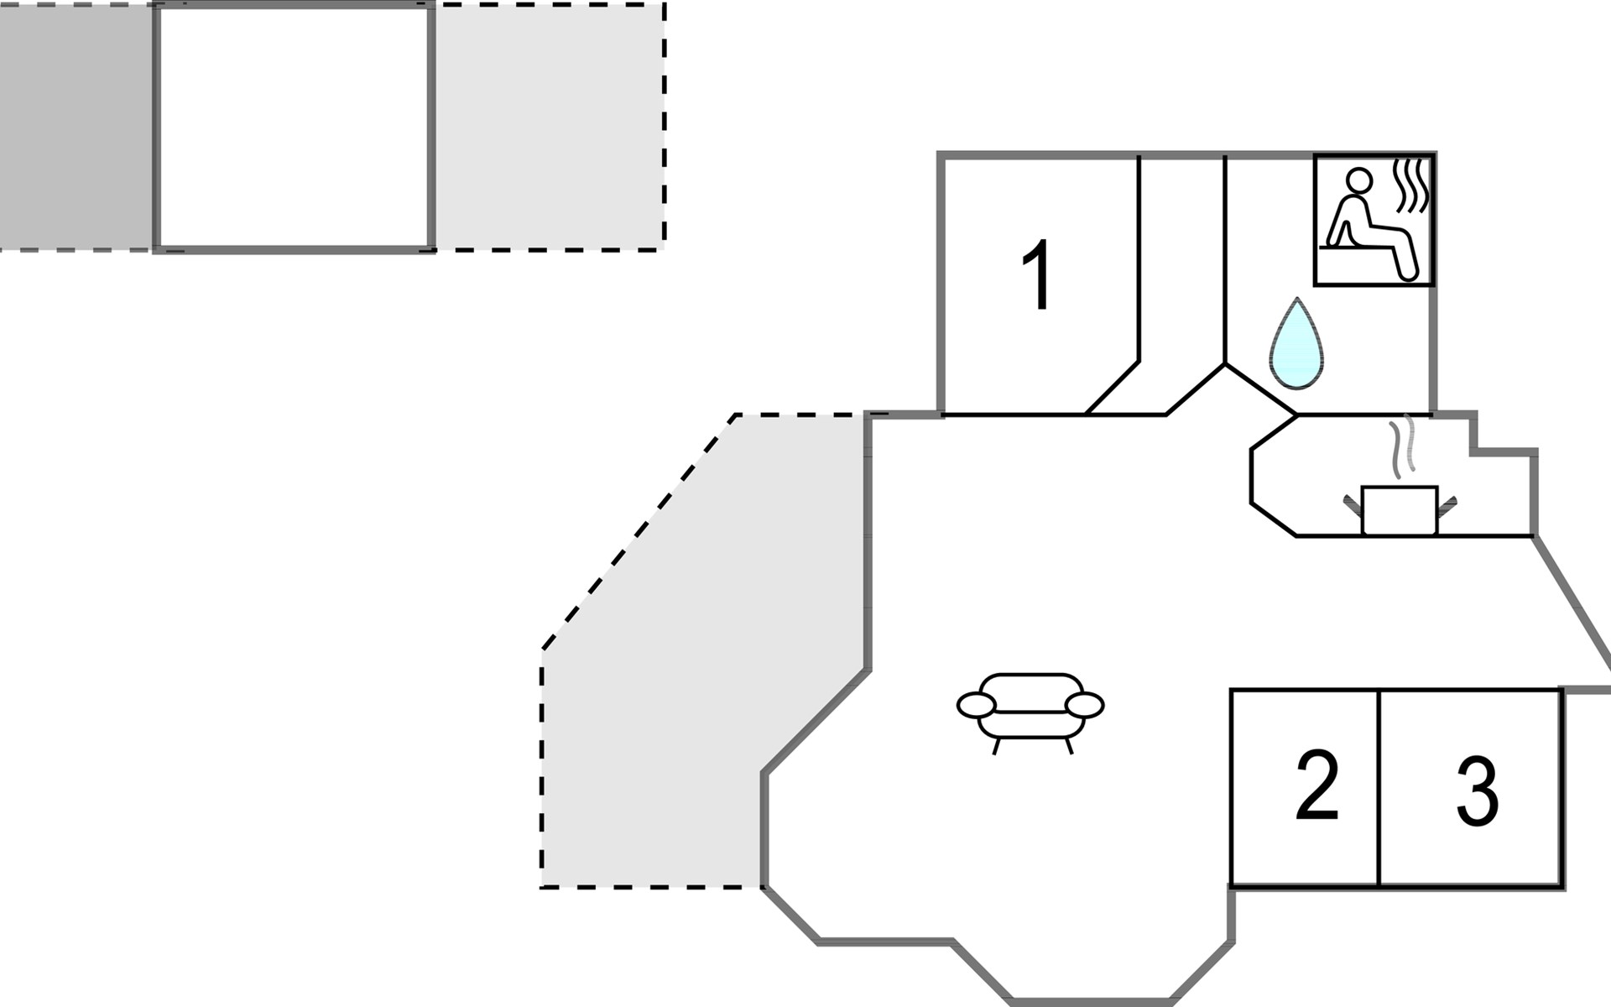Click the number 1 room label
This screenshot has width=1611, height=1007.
(1038, 274)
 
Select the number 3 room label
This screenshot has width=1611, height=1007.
(1478, 791)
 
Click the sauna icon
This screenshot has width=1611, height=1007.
(1374, 220)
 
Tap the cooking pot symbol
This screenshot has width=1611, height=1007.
(1400, 510)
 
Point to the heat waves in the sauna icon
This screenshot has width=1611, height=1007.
(1410, 185)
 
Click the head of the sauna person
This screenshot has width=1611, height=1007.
(1359, 180)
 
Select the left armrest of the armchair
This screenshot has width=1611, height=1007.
(976, 706)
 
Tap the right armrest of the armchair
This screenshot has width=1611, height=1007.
(1085, 706)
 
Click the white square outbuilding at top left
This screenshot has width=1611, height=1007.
(295, 127)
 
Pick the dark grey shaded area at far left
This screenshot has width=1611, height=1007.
(76, 127)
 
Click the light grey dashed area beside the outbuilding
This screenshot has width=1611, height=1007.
(550, 127)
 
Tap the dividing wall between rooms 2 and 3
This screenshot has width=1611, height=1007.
(1379, 788)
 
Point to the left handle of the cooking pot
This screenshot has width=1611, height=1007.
(1353, 505)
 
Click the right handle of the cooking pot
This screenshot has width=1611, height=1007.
(1447, 505)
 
